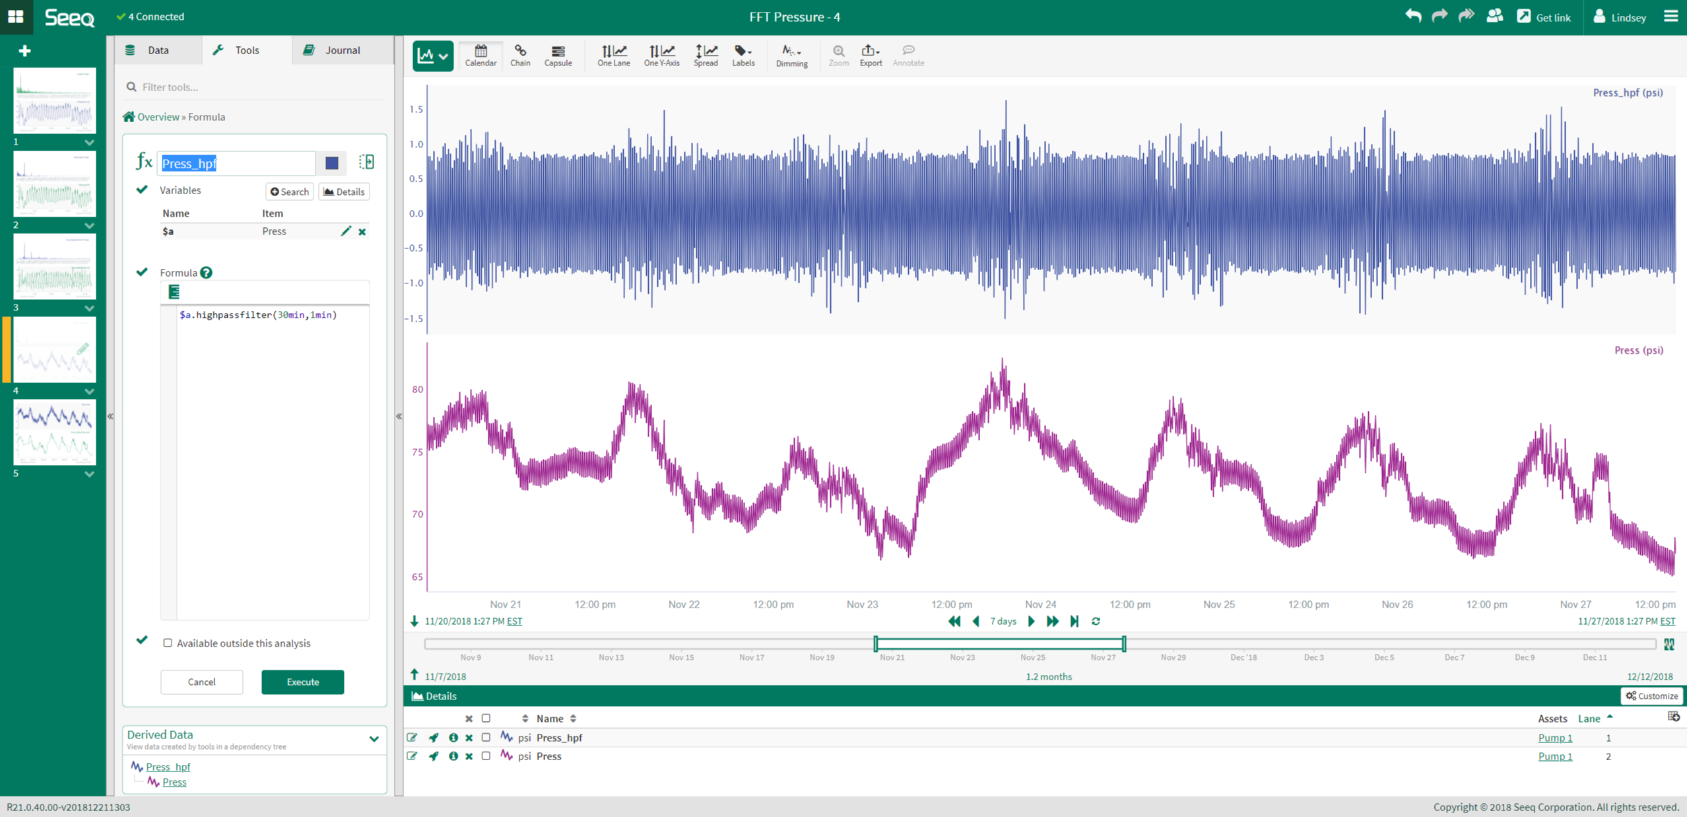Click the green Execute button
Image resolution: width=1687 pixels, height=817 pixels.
302,682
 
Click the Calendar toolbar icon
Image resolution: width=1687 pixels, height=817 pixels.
480,55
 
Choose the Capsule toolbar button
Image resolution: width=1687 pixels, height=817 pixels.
558,55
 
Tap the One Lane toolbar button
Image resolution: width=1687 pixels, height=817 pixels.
613,55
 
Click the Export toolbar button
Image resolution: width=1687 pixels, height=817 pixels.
871,55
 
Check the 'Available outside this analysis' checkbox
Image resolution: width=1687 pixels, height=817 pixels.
168,643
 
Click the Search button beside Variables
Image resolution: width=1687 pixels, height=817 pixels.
290,192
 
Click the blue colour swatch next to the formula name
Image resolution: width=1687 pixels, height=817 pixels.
332,162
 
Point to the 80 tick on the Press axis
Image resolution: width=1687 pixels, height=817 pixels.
417,390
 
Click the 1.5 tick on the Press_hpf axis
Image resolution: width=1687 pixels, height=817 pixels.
416,110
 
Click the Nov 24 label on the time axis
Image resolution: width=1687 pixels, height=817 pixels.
1040,604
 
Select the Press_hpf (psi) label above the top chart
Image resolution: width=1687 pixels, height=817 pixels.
1628,93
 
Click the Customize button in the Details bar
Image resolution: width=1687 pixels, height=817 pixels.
1651,695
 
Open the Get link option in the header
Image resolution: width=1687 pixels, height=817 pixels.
1544,17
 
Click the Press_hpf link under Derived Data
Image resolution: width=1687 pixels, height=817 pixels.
168,766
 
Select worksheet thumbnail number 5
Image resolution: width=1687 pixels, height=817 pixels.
55,432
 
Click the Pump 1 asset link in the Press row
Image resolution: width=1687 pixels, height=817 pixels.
1555,756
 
